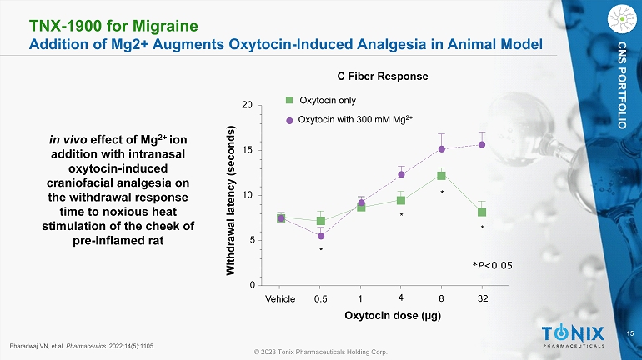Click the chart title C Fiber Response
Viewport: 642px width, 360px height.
(x=388, y=76)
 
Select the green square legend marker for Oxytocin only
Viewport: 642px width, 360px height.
(x=290, y=100)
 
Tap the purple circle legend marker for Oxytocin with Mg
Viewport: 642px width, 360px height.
(x=290, y=120)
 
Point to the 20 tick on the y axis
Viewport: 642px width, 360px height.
(x=248, y=106)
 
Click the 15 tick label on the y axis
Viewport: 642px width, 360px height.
(x=248, y=151)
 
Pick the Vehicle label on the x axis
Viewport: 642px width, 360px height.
(x=280, y=298)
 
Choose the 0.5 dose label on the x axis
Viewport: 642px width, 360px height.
(x=320, y=298)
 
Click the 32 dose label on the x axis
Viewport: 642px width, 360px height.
(x=482, y=298)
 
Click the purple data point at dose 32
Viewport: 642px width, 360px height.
(x=482, y=144)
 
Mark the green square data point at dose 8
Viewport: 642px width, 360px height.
(x=441, y=176)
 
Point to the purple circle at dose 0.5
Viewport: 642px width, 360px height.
(x=321, y=236)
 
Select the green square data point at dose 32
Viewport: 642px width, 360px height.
(x=482, y=212)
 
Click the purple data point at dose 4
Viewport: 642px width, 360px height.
(x=401, y=174)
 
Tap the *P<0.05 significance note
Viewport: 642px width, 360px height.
(x=492, y=265)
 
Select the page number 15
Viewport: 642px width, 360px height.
(x=629, y=334)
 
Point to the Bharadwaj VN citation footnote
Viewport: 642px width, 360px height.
(x=83, y=344)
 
